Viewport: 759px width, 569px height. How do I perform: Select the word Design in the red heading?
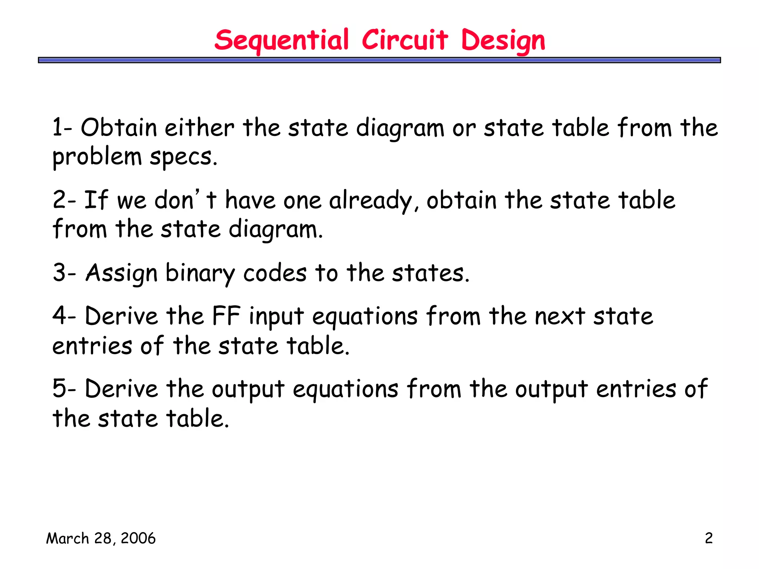point(503,41)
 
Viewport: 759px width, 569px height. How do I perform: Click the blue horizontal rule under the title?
point(379,60)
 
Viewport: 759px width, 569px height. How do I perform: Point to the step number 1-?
point(62,128)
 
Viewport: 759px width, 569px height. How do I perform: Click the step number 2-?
point(64,200)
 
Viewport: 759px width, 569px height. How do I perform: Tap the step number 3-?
point(64,273)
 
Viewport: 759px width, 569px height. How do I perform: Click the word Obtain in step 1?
point(119,128)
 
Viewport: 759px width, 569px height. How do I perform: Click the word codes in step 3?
point(275,273)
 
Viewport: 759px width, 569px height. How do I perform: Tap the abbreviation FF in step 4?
point(226,316)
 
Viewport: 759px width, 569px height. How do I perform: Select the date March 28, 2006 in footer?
point(101,538)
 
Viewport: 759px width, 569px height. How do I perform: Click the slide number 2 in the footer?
point(709,538)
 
